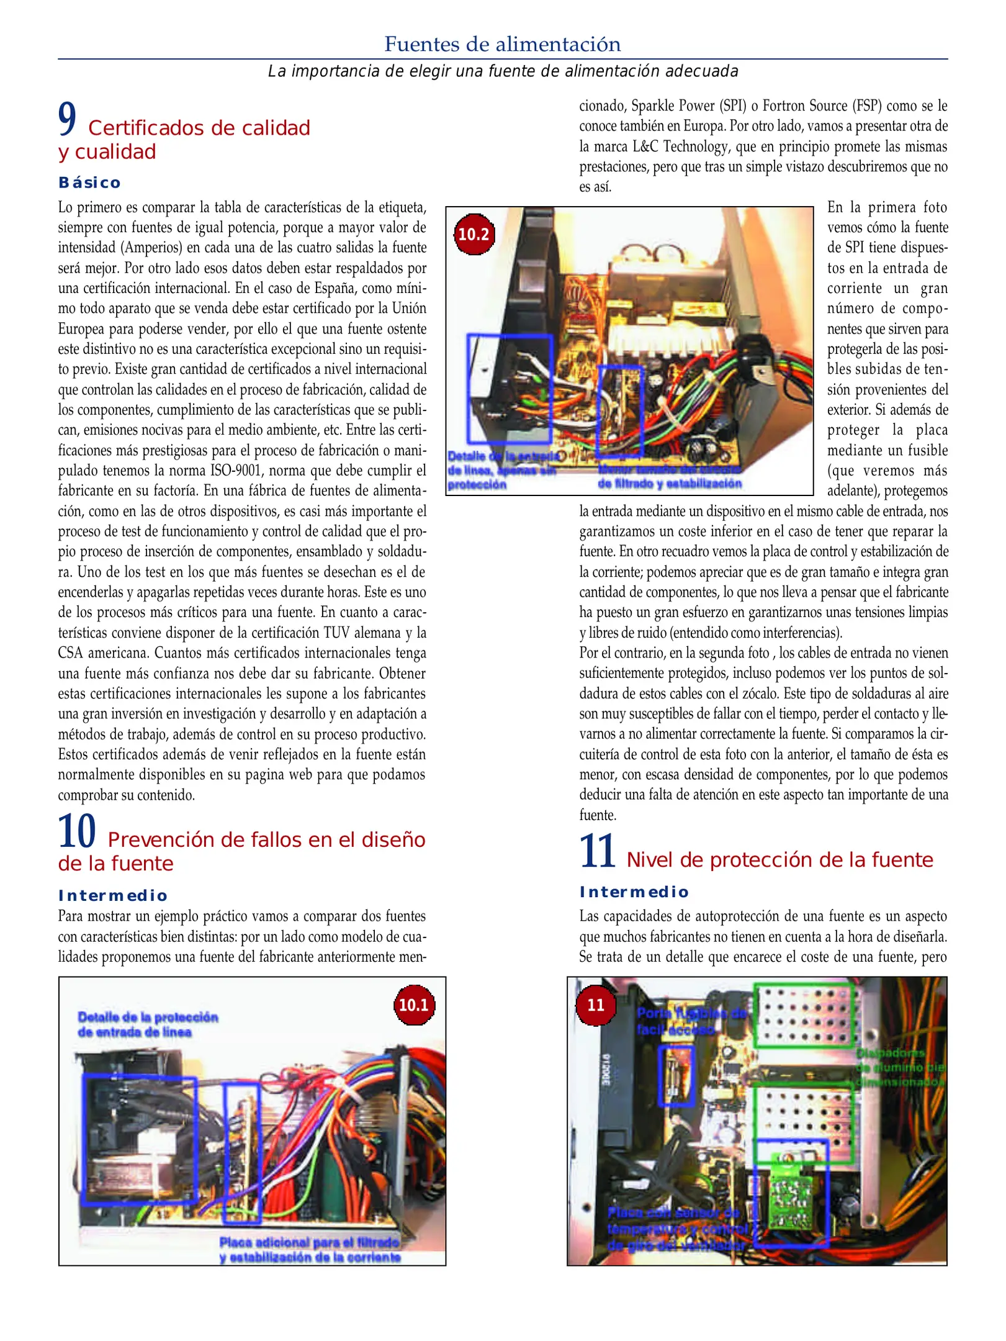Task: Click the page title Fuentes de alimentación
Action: (x=502, y=44)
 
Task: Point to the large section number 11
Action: (x=597, y=851)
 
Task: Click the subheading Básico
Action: (x=89, y=183)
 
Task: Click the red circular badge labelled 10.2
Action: (x=474, y=234)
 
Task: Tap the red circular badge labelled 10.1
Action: (x=414, y=1005)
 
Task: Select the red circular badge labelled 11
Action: (x=596, y=1005)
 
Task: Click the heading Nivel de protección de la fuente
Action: (x=779, y=860)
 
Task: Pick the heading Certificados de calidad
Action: (x=199, y=128)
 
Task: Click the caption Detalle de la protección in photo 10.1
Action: (x=148, y=1017)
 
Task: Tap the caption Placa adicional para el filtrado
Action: (x=309, y=1242)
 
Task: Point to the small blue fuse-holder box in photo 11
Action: (x=675, y=1075)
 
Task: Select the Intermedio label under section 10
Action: (x=113, y=895)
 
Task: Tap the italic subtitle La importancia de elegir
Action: (x=503, y=71)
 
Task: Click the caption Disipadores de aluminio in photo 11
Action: (x=900, y=1067)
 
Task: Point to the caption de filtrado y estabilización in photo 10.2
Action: (x=670, y=484)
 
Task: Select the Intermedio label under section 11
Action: (x=634, y=892)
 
